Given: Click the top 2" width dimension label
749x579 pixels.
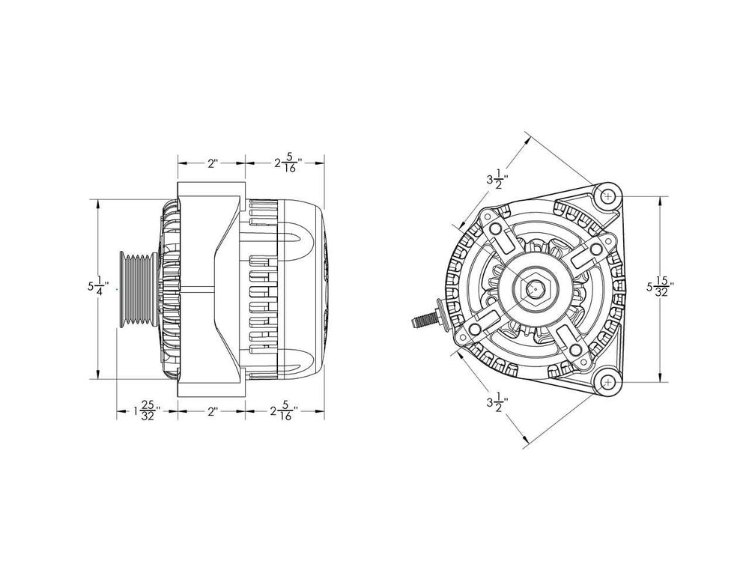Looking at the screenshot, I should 212,162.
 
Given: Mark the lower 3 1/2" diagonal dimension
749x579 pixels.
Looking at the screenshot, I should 497,403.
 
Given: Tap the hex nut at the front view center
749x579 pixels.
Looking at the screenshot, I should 535,287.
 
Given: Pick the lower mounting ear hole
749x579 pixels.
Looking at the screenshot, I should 607,381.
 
